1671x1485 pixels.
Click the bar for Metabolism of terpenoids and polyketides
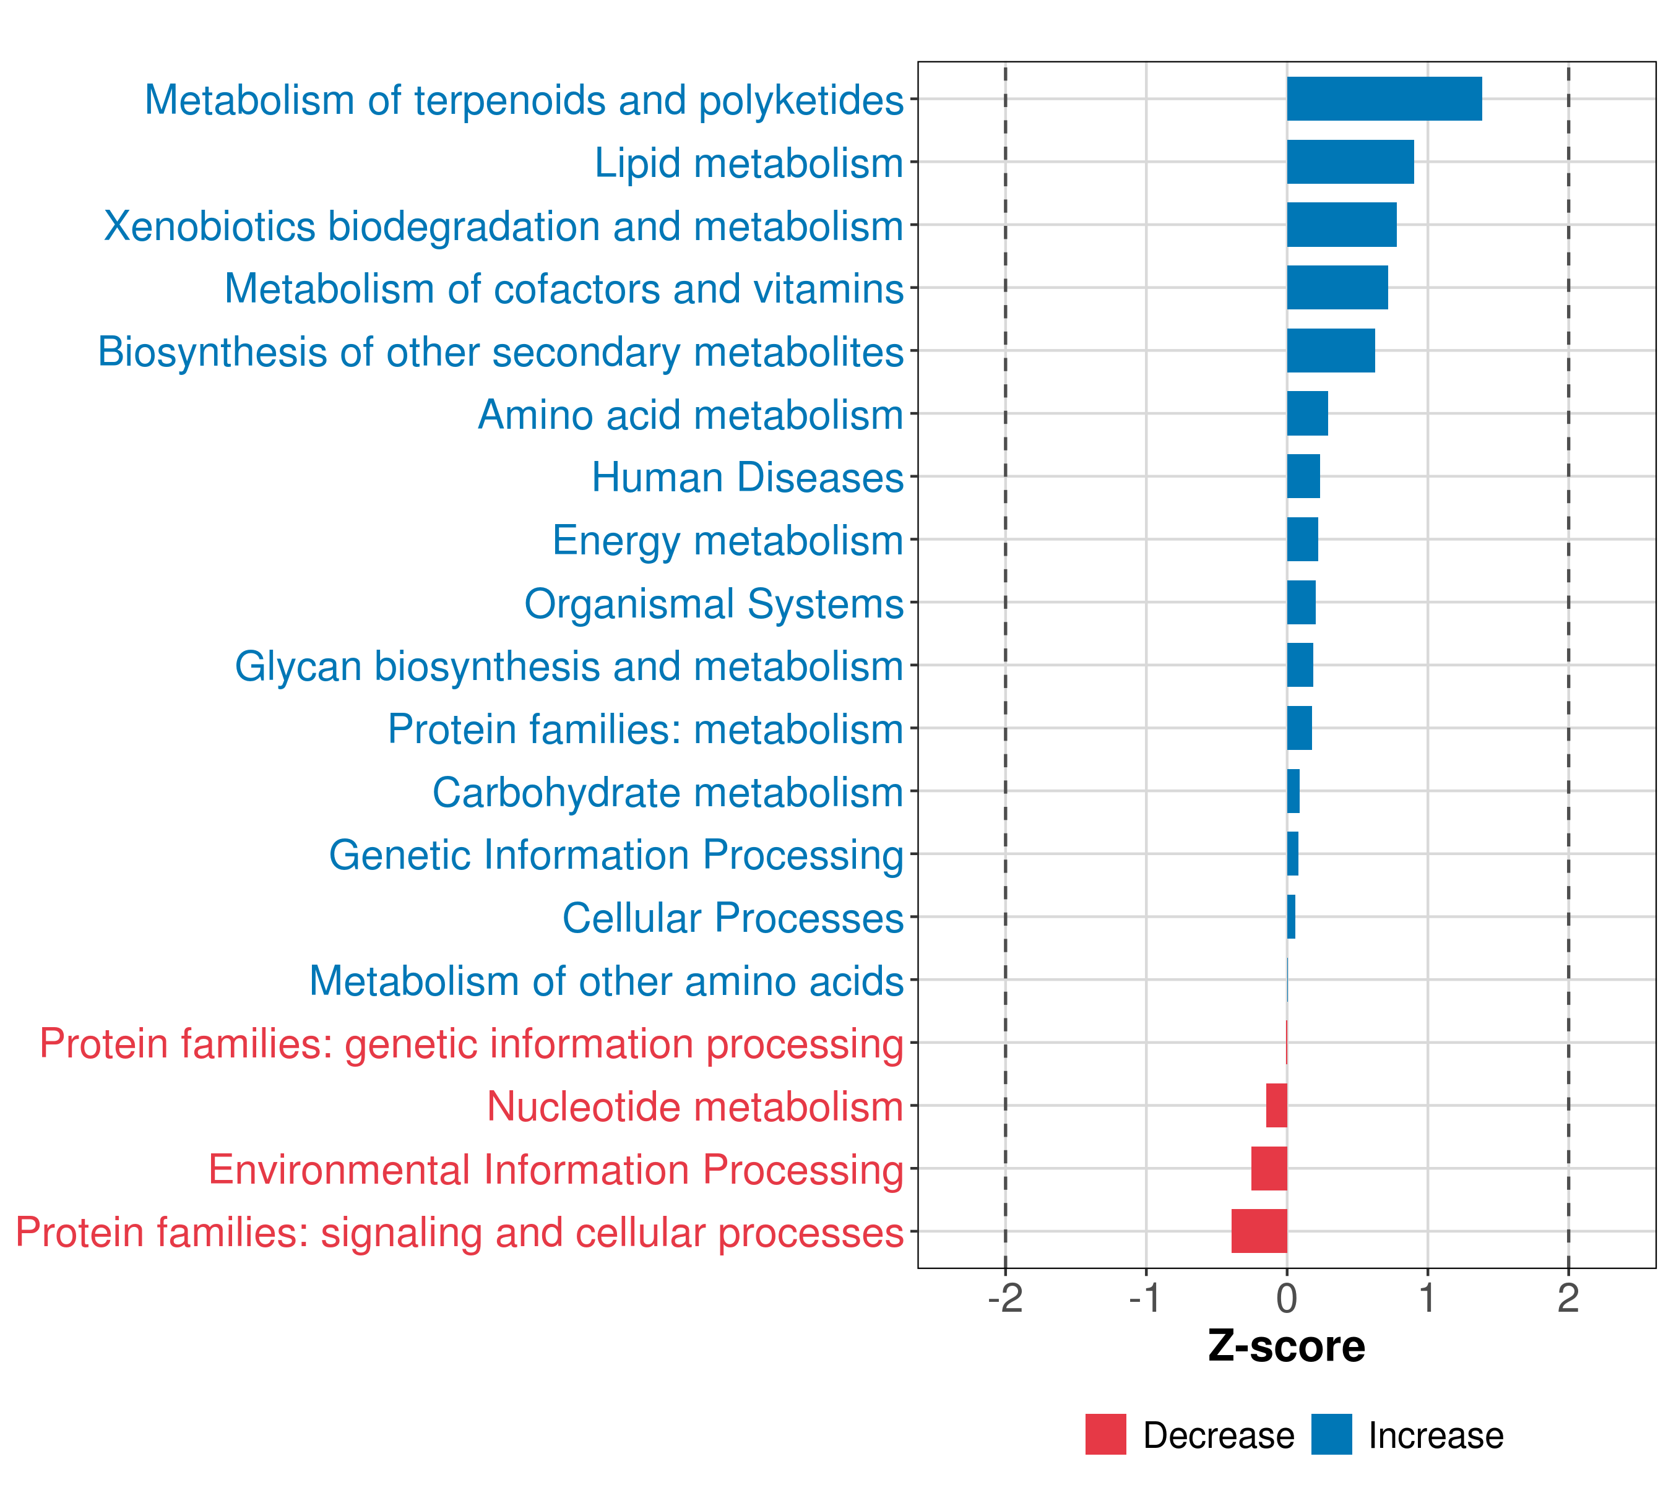pos(1383,99)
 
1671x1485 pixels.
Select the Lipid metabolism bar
pos(1350,162)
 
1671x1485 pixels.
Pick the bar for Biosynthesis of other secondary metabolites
pos(1330,351)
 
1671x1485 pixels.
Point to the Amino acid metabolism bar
pos(1306,413)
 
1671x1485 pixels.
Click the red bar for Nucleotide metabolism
pos(1276,1105)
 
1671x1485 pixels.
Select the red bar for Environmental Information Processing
pos(1269,1168)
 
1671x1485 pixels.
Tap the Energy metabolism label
pos(728,540)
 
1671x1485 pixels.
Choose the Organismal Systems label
pos(714,604)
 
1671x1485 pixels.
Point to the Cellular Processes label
pos(733,918)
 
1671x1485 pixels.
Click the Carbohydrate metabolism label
pos(667,793)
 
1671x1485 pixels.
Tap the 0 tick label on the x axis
pos(1287,1299)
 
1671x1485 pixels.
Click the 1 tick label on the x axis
pos(1427,1299)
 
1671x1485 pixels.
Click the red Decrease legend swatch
pos(1105,1434)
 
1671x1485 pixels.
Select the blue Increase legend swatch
pos(1331,1434)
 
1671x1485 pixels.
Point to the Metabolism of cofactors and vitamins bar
pos(1337,288)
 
